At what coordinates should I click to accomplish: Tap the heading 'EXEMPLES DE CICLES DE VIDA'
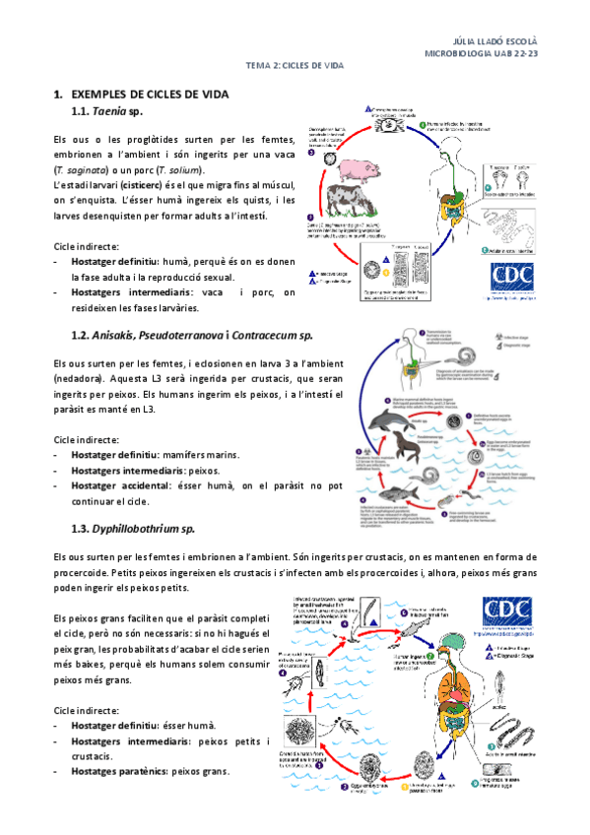pos(150,94)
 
